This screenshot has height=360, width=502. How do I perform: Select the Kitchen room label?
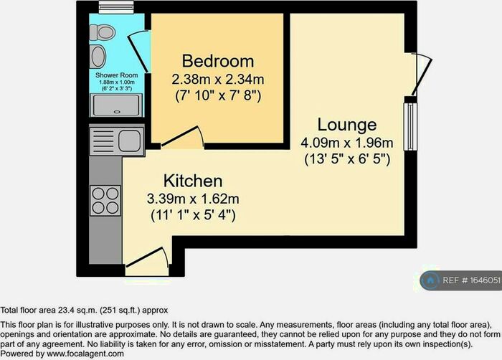(x=192, y=180)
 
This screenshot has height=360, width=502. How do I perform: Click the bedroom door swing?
(x=184, y=136)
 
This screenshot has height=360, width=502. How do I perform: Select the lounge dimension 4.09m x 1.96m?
(x=346, y=142)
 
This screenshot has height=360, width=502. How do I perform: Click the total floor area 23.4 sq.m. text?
(x=85, y=310)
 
